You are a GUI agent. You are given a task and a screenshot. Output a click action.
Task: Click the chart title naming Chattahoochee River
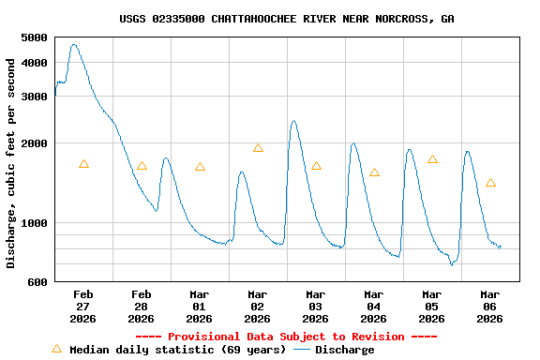[x=287, y=19]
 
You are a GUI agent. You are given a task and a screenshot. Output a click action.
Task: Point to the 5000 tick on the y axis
[x=34, y=37]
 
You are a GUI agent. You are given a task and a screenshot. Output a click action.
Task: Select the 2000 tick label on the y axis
[x=34, y=143]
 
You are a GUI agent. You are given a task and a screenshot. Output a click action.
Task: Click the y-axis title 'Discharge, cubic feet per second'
[x=11, y=163]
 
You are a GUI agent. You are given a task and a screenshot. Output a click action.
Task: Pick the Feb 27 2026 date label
[x=83, y=306]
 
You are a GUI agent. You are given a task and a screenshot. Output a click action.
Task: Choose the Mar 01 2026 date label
[x=199, y=306]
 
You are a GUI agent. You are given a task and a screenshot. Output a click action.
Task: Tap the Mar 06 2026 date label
[x=489, y=306]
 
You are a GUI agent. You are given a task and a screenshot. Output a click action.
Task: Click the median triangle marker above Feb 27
[x=83, y=164]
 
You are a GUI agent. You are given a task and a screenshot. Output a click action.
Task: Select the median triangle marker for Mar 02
[x=258, y=148]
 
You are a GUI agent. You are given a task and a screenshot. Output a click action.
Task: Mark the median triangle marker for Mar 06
[x=490, y=183]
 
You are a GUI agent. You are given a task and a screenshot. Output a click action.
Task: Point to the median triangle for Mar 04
[x=374, y=172]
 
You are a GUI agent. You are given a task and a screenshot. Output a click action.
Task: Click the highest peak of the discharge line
[x=74, y=44]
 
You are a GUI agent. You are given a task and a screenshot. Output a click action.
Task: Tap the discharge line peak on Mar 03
[x=293, y=121]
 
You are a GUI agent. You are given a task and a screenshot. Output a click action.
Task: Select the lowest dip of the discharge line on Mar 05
[x=451, y=264]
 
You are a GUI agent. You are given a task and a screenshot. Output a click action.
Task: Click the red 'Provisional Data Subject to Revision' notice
[x=286, y=337]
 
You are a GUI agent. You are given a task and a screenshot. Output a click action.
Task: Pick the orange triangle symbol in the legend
[x=56, y=349]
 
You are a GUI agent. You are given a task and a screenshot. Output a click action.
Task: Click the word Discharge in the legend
[x=344, y=350]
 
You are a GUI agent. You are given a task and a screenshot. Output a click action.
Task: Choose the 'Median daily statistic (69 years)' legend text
[x=177, y=350]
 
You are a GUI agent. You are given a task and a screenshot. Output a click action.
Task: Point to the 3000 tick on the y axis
[x=34, y=97]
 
